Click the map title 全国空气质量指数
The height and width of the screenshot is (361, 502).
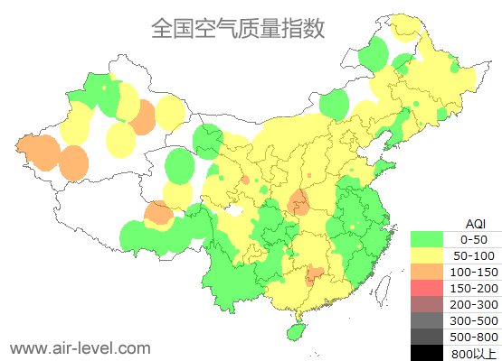(237, 28)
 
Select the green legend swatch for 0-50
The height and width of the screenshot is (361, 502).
(427, 239)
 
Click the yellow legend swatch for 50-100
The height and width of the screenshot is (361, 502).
(427, 255)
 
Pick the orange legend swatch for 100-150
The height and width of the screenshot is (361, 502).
(427, 272)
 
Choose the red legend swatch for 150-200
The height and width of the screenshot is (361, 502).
(427, 288)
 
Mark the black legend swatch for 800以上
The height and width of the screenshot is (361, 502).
(427, 352)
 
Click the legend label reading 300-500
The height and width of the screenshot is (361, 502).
(474, 320)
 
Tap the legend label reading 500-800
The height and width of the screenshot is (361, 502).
(474, 337)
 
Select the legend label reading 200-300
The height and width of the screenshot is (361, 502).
(474, 304)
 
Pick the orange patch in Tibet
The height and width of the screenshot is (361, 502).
(158, 213)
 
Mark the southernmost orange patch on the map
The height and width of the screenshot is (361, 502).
(314, 273)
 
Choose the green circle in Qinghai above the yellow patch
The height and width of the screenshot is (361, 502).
(180, 166)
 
